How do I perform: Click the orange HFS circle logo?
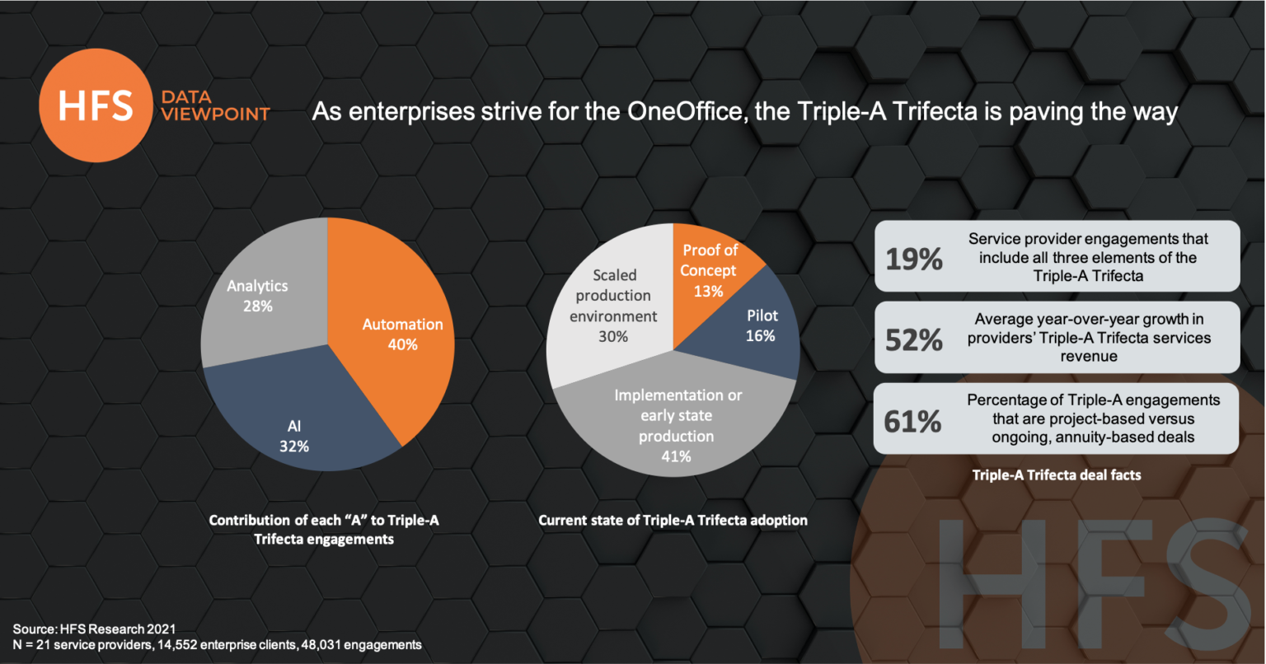[x=96, y=105]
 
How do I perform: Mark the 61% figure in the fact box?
[x=912, y=421]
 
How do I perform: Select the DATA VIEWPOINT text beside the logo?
[x=215, y=106]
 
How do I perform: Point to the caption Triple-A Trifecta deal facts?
[x=1056, y=475]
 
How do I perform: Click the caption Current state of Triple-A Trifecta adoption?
[x=673, y=521]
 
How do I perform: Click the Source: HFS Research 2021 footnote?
[x=94, y=629]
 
